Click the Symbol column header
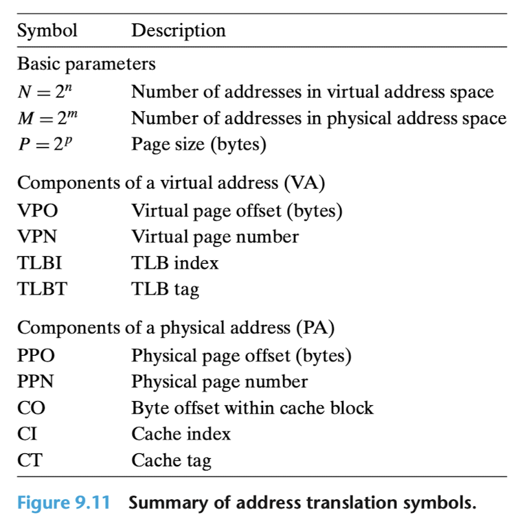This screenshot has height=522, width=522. (47, 31)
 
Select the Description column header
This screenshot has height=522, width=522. (179, 31)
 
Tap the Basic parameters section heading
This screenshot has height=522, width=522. (87, 64)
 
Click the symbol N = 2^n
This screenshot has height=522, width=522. (45, 91)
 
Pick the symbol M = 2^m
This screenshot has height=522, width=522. (47, 117)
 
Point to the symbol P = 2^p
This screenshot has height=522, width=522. (45, 144)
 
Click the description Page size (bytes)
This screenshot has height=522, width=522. (198, 144)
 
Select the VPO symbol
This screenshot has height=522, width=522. (38, 211)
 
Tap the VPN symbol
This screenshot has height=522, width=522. (37, 237)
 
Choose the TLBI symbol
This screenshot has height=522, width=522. (40, 263)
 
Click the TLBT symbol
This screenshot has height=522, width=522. (43, 289)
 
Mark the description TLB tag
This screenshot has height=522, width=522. (165, 290)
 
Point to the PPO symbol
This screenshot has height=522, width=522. (36, 356)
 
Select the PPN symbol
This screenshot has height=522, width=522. (35, 381)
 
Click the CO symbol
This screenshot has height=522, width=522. (31, 408)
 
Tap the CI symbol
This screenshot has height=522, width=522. (27, 434)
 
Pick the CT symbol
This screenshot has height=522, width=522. (30, 460)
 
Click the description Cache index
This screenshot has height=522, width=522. (181, 434)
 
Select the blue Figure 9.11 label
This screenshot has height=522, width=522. (63, 503)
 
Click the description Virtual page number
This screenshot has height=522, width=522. (215, 238)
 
